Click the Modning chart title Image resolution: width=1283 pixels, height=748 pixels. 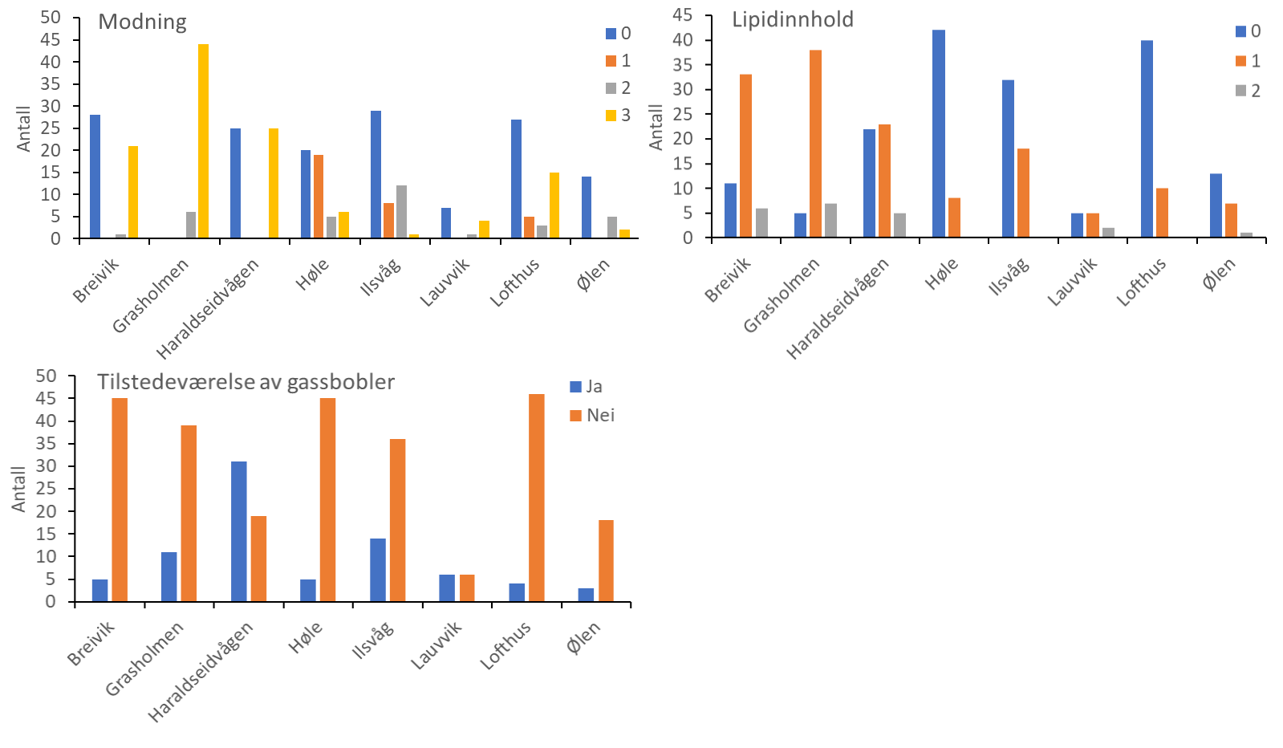tap(142, 22)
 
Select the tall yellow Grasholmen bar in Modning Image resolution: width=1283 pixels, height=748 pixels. tap(203, 141)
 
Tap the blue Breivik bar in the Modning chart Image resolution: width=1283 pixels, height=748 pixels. tap(95, 177)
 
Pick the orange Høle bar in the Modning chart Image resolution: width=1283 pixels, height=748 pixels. tap(319, 197)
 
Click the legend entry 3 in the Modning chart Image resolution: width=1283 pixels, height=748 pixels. tap(619, 116)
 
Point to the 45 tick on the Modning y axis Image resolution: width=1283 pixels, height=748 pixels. tap(50, 40)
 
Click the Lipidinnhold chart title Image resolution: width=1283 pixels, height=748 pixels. tap(792, 20)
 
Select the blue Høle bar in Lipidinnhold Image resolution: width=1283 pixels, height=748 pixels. tap(938, 133)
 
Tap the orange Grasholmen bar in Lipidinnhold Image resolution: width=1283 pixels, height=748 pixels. tap(815, 144)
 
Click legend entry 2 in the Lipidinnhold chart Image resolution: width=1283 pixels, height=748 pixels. tap(1248, 91)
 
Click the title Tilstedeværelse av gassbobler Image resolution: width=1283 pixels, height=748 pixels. tap(246, 382)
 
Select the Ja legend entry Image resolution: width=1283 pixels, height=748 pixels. tap(587, 387)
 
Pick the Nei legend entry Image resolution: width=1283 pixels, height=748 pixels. tap(592, 415)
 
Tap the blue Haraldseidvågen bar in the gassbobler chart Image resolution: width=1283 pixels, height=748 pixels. tap(238, 531)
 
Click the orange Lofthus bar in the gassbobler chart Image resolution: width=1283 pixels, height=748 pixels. tap(536, 498)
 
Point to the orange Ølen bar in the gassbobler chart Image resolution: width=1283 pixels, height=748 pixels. tap(606, 561)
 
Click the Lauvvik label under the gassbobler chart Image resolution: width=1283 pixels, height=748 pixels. tap(436, 644)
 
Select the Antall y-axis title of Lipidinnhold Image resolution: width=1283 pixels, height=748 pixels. tap(656, 127)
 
